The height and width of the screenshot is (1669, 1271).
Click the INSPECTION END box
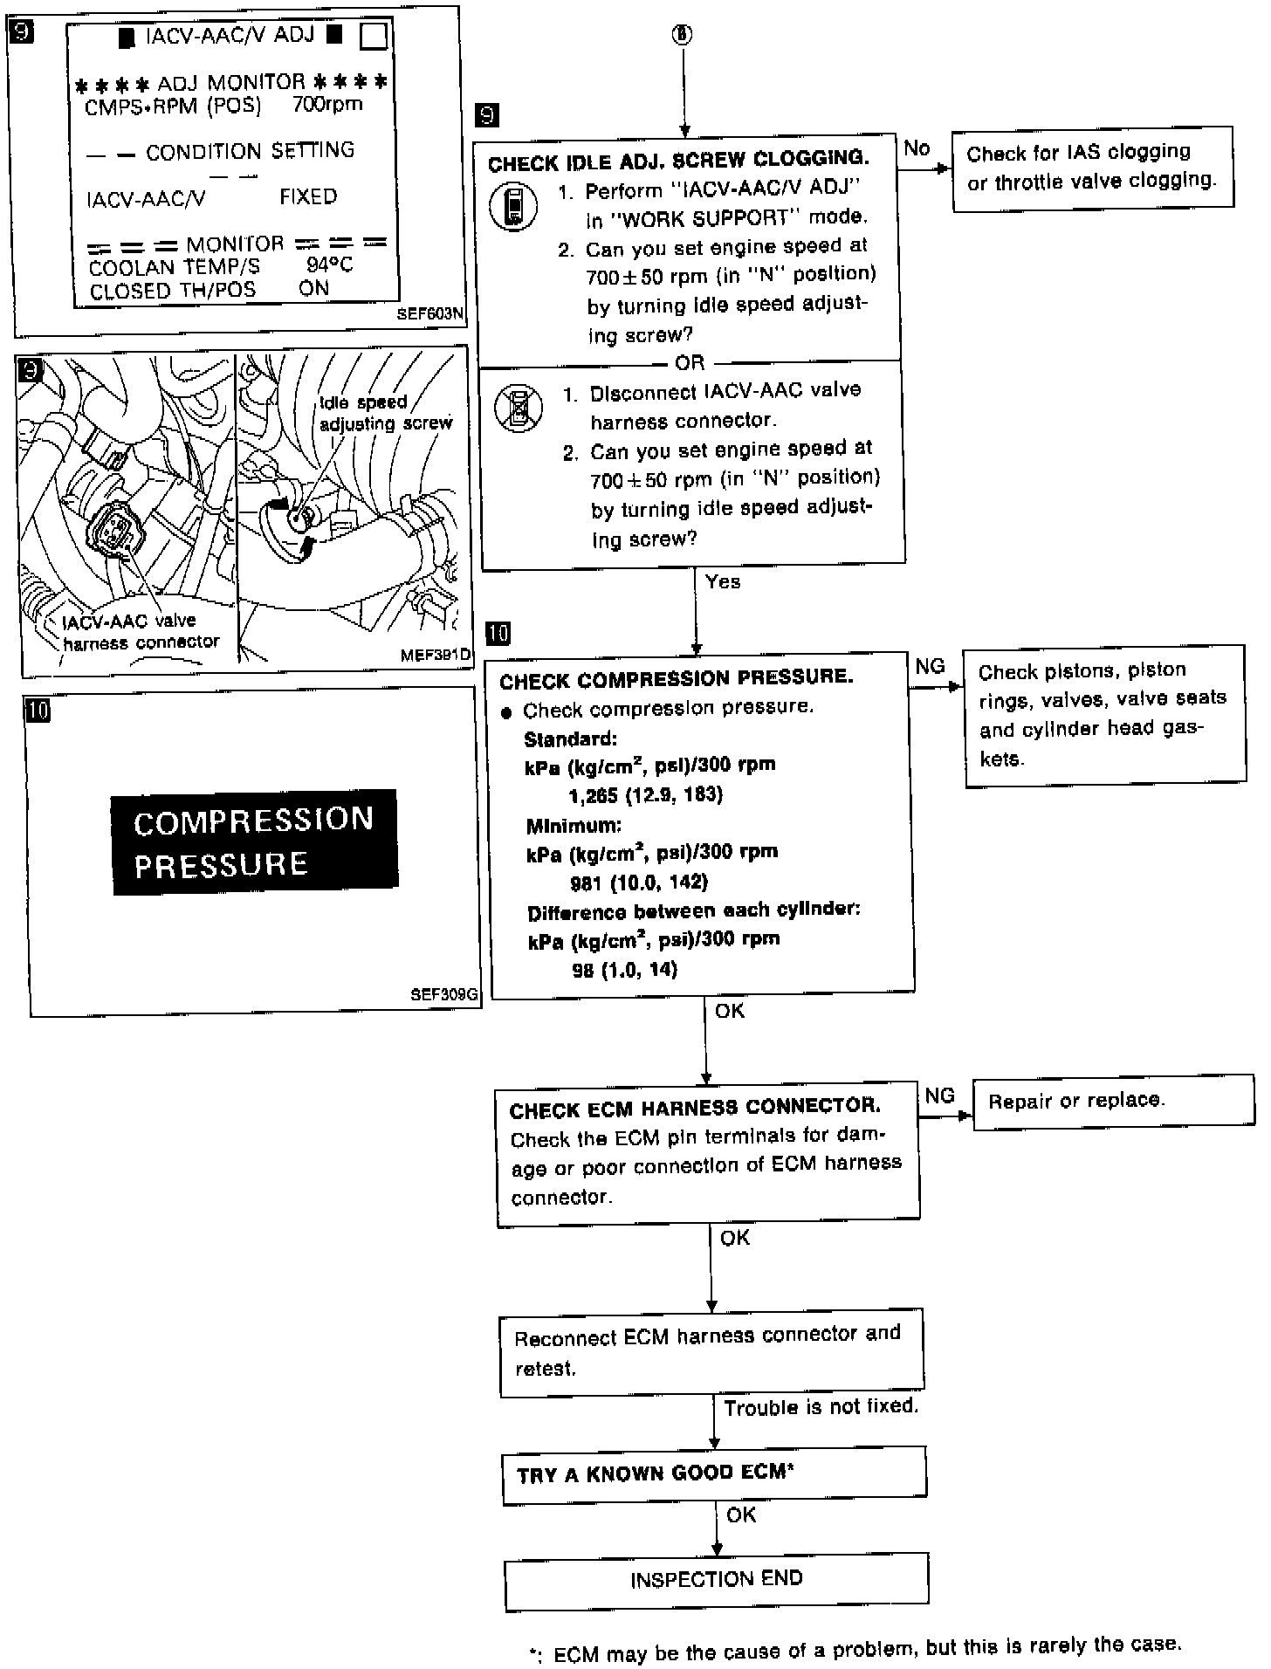[x=716, y=1579]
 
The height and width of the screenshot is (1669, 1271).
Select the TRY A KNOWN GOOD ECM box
[x=713, y=1474]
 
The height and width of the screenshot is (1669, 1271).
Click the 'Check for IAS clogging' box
[x=1091, y=167]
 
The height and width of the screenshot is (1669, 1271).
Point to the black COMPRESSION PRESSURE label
[x=254, y=841]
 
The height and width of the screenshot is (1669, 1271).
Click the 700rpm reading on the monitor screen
[x=327, y=105]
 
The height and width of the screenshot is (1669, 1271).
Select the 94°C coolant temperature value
[x=329, y=265]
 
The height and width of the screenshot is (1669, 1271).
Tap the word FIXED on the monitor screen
[x=308, y=197]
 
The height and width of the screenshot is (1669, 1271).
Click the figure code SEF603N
[x=429, y=314]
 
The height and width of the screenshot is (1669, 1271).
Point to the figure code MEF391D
[x=435, y=655]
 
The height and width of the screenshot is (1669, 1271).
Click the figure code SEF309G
[x=444, y=993]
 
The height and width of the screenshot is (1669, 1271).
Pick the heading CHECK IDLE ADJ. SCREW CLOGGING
[x=678, y=161]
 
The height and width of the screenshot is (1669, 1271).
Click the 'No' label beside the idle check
[x=917, y=148]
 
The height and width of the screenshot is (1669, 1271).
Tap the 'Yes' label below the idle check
[x=723, y=582]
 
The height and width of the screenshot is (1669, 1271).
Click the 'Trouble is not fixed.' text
[x=821, y=1407]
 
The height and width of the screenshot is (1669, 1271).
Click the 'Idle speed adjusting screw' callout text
[x=385, y=413]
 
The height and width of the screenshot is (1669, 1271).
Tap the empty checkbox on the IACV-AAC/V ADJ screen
[x=374, y=37]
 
